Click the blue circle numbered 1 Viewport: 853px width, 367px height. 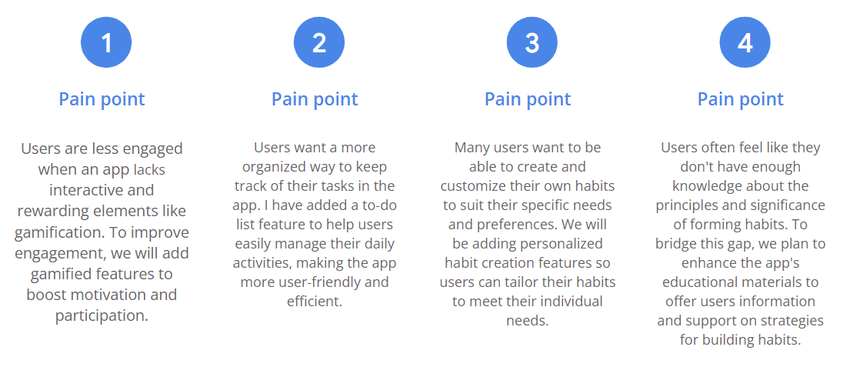(106, 42)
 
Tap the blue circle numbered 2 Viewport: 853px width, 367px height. (319, 42)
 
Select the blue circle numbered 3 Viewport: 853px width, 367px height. (532, 42)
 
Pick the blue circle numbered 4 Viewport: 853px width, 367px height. (745, 42)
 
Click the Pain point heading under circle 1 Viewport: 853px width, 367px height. (102, 98)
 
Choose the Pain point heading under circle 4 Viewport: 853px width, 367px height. (740, 98)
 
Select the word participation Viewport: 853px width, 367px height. (101, 315)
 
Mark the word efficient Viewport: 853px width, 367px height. (314, 301)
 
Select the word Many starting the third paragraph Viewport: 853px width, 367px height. (471, 148)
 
